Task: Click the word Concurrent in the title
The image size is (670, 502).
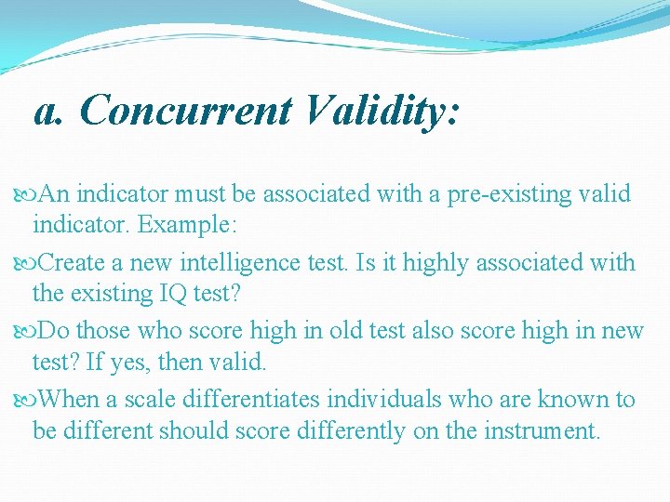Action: (185, 112)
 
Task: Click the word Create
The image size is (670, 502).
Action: (80, 263)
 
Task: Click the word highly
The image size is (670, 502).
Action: (410, 263)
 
